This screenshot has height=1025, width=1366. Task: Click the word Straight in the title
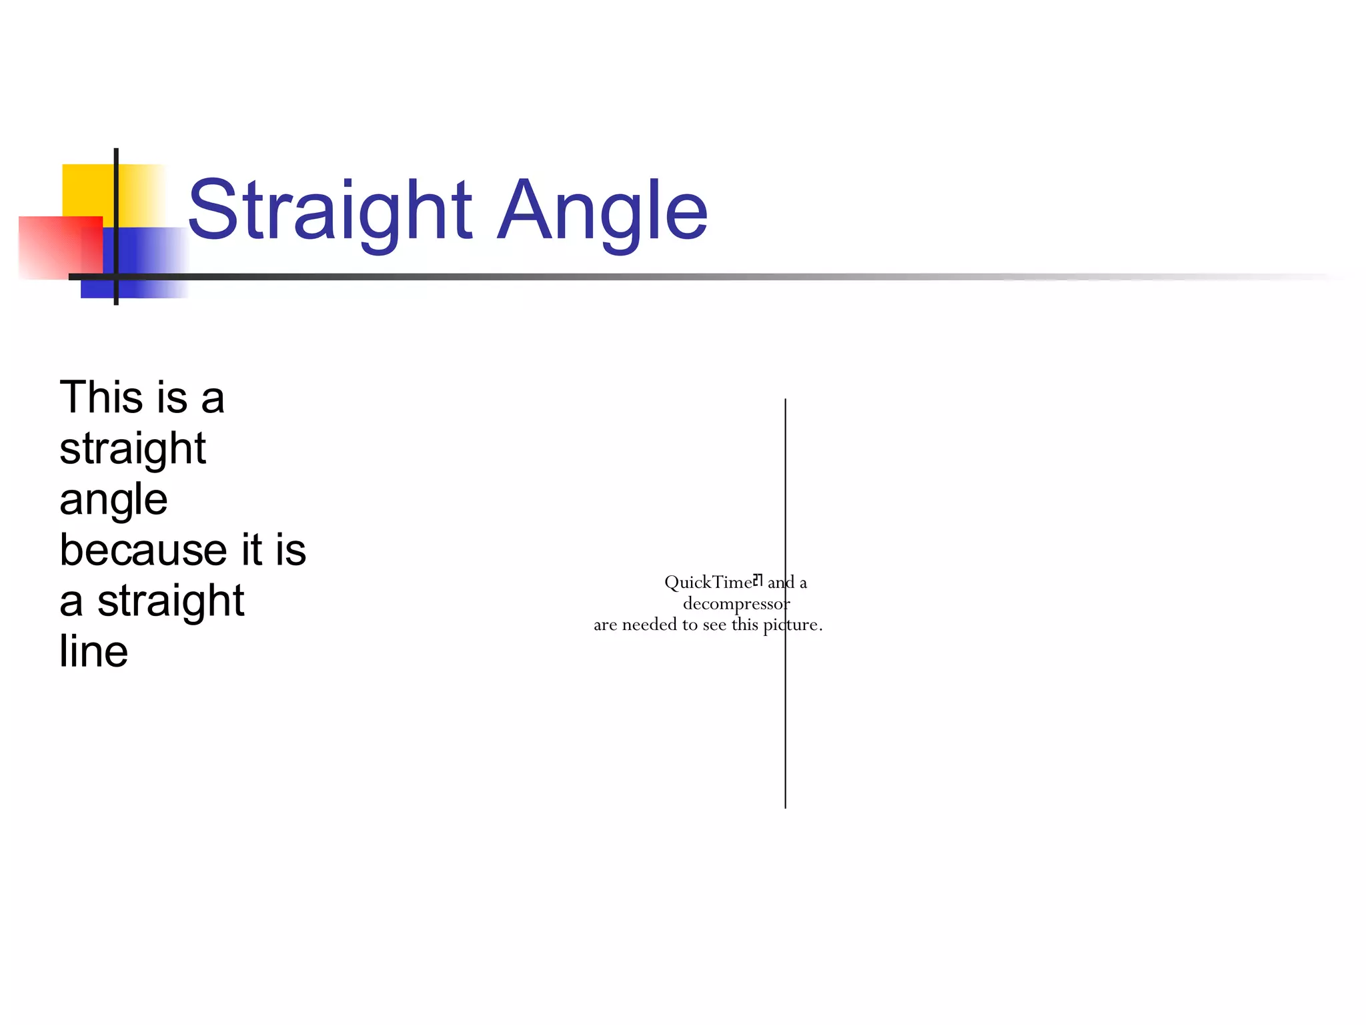(x=330, y=210)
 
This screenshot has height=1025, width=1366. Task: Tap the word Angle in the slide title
(x=602, y=210)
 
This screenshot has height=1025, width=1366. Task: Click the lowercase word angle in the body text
(x=113, y=500)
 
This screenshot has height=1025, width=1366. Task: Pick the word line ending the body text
(x=93, y=651)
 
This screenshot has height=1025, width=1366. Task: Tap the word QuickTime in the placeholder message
(x=708, y=583)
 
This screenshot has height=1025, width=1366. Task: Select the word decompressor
(x=736, y=604)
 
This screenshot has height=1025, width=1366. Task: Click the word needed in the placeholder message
(x=649, y=625)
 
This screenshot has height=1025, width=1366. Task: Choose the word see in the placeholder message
(x=714, y=625)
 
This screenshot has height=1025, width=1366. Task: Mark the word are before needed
(x=605, y=625)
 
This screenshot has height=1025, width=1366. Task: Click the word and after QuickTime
(x=780, y=583)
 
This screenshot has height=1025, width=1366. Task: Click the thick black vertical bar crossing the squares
(x=116, y=167)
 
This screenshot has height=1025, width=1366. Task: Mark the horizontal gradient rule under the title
(x=600, y=276)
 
